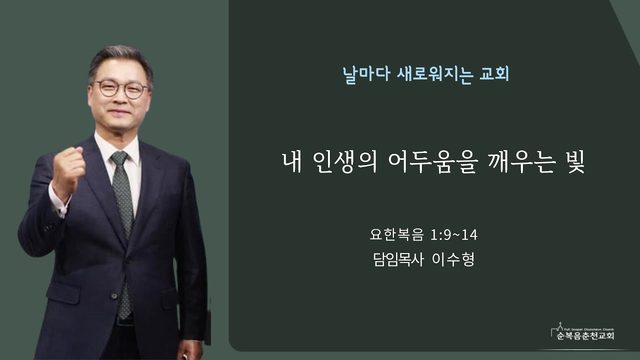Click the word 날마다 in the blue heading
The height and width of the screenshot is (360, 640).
coord(366,74)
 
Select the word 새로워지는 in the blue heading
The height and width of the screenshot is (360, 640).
coord(435,74)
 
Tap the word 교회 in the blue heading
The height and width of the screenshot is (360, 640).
coord(495,74)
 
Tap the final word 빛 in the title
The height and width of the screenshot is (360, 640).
coord(576,162)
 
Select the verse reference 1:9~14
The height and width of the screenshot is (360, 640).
coord(454,235)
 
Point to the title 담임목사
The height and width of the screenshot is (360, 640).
coord(398,259)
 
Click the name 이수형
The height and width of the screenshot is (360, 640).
coord(453,259)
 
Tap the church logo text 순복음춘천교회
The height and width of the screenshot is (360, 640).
coord(585,336)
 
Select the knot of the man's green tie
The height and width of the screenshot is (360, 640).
coord(120,158)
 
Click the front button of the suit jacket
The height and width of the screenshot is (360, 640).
coord(115,296)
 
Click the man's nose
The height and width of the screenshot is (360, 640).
coord(120,98)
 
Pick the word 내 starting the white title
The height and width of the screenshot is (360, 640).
coord(292,162)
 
